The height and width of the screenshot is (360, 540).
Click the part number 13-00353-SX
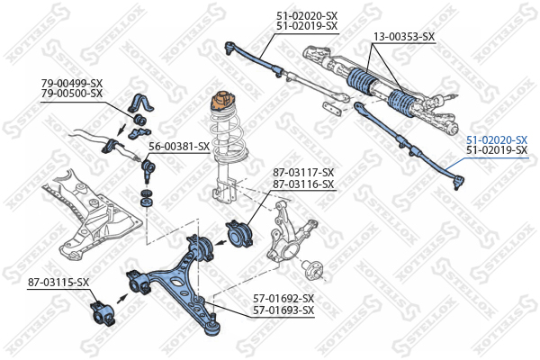click(404, 37)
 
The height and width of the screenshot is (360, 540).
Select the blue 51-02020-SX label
click(496, 139)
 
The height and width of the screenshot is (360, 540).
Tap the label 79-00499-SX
click(72, 83)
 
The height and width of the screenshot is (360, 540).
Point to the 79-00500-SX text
click(72, 93)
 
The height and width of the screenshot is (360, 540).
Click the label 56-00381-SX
click(179, 146)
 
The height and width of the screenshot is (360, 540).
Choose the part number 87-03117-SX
click(303, 173)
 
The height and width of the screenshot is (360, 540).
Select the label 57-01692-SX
click(283, 299)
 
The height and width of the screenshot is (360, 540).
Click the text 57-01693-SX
click(283, 310)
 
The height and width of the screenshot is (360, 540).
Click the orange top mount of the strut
click(221, 97)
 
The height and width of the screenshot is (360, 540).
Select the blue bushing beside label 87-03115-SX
click(102, 313)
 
